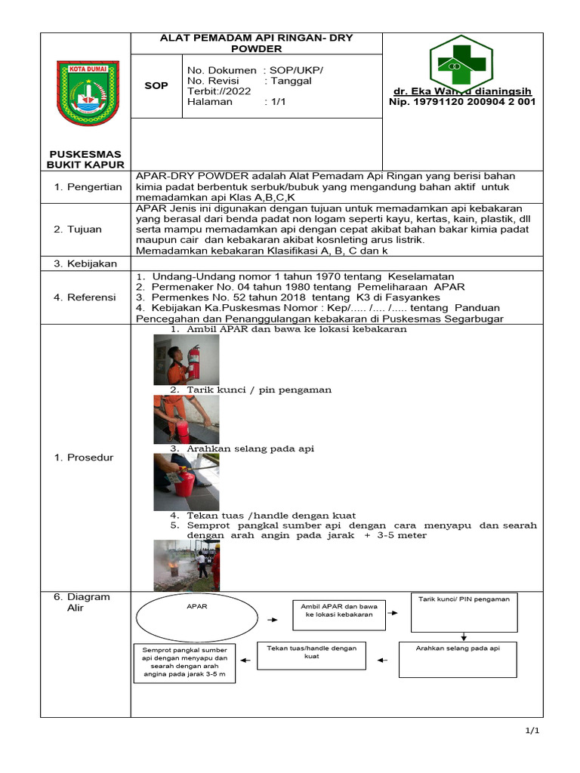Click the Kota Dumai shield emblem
(x=88, y=93)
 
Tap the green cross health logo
(x=461, y=64)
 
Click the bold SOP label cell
(x=156, y=86)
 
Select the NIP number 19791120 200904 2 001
(x=462, y=102)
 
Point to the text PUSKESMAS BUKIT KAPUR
(x=85, y=159)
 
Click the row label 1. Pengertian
(x=88, y=186)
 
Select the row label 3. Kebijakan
(x=84, y=263)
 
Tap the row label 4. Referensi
(x=85, y=297)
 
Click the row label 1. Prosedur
(x=84, y=457)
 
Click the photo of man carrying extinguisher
(x=186, y=359)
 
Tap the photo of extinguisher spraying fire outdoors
(x=187, y=565)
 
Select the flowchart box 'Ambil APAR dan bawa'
(x=338, y=611)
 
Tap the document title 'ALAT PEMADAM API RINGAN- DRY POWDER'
(x=256, y=43)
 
